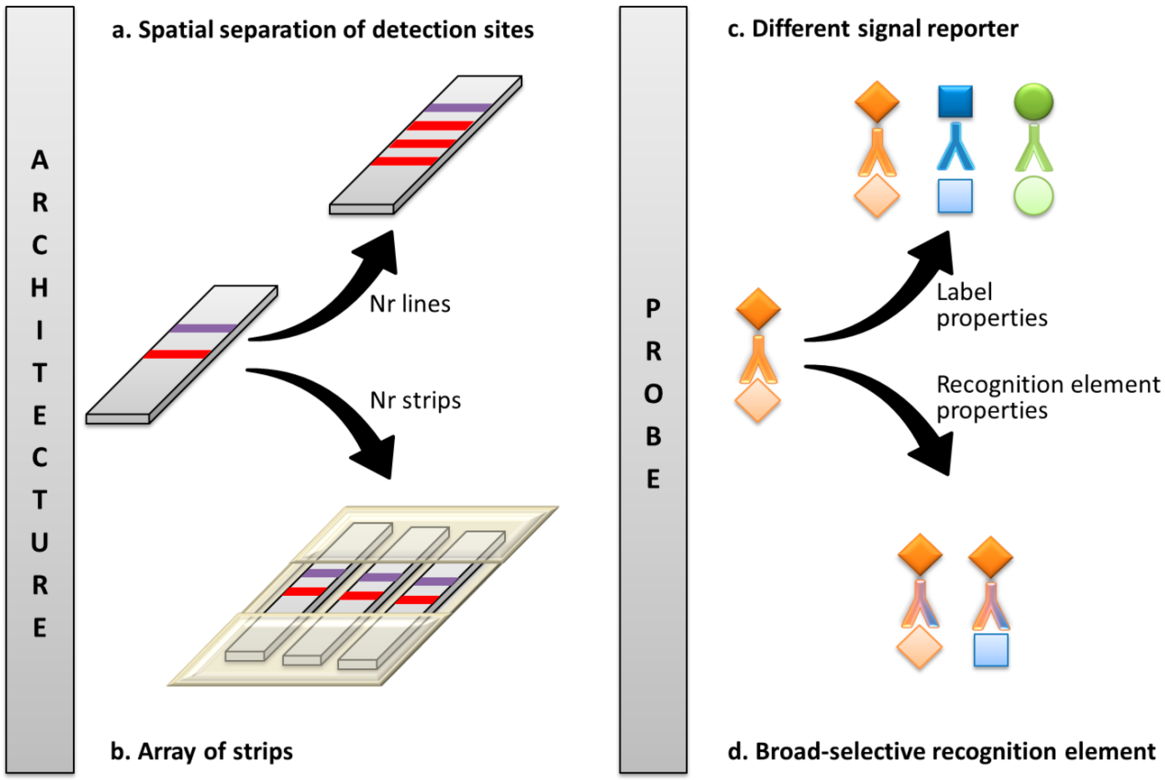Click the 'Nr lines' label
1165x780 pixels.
(x=410, y=304)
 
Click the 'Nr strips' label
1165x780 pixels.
(x=415, y=400)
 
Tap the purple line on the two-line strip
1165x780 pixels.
(x=203, y=328)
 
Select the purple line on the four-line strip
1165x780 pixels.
(x=458, y=107)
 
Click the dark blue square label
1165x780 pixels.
(x=955, y=101)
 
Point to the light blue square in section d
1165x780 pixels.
(x=991, y=649)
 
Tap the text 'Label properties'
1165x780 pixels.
(x=991, y=305)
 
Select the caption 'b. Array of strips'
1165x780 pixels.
(x=201, y=751)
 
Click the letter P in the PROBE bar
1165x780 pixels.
(x=653, y=308)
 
